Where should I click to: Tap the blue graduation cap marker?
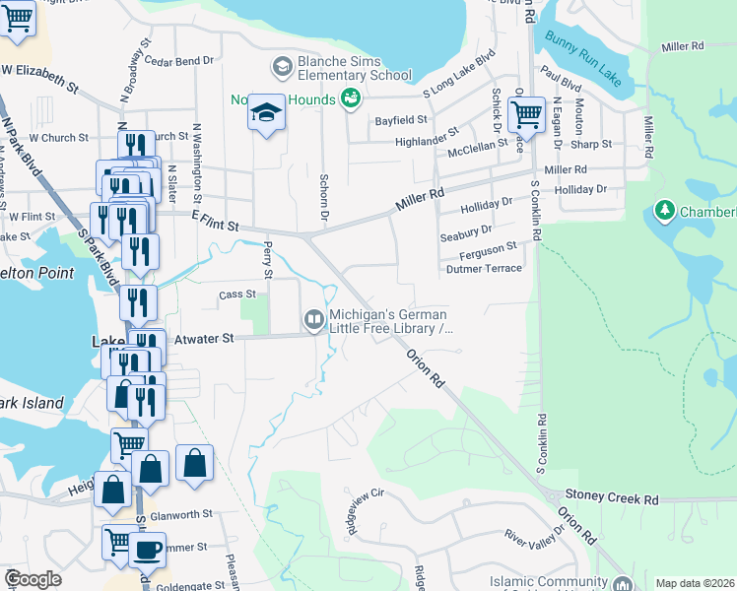[266, 114]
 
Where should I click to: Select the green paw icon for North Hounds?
[350, 98]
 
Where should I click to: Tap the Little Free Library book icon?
[314, 318]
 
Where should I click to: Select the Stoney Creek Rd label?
[611, 499]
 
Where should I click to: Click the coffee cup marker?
[147, 549]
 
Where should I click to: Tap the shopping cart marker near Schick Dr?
[527, 114]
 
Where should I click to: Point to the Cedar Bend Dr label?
[179, 60]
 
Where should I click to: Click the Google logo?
[33, 579]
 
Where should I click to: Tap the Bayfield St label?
[400, 119]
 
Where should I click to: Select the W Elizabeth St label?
[39, 79]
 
